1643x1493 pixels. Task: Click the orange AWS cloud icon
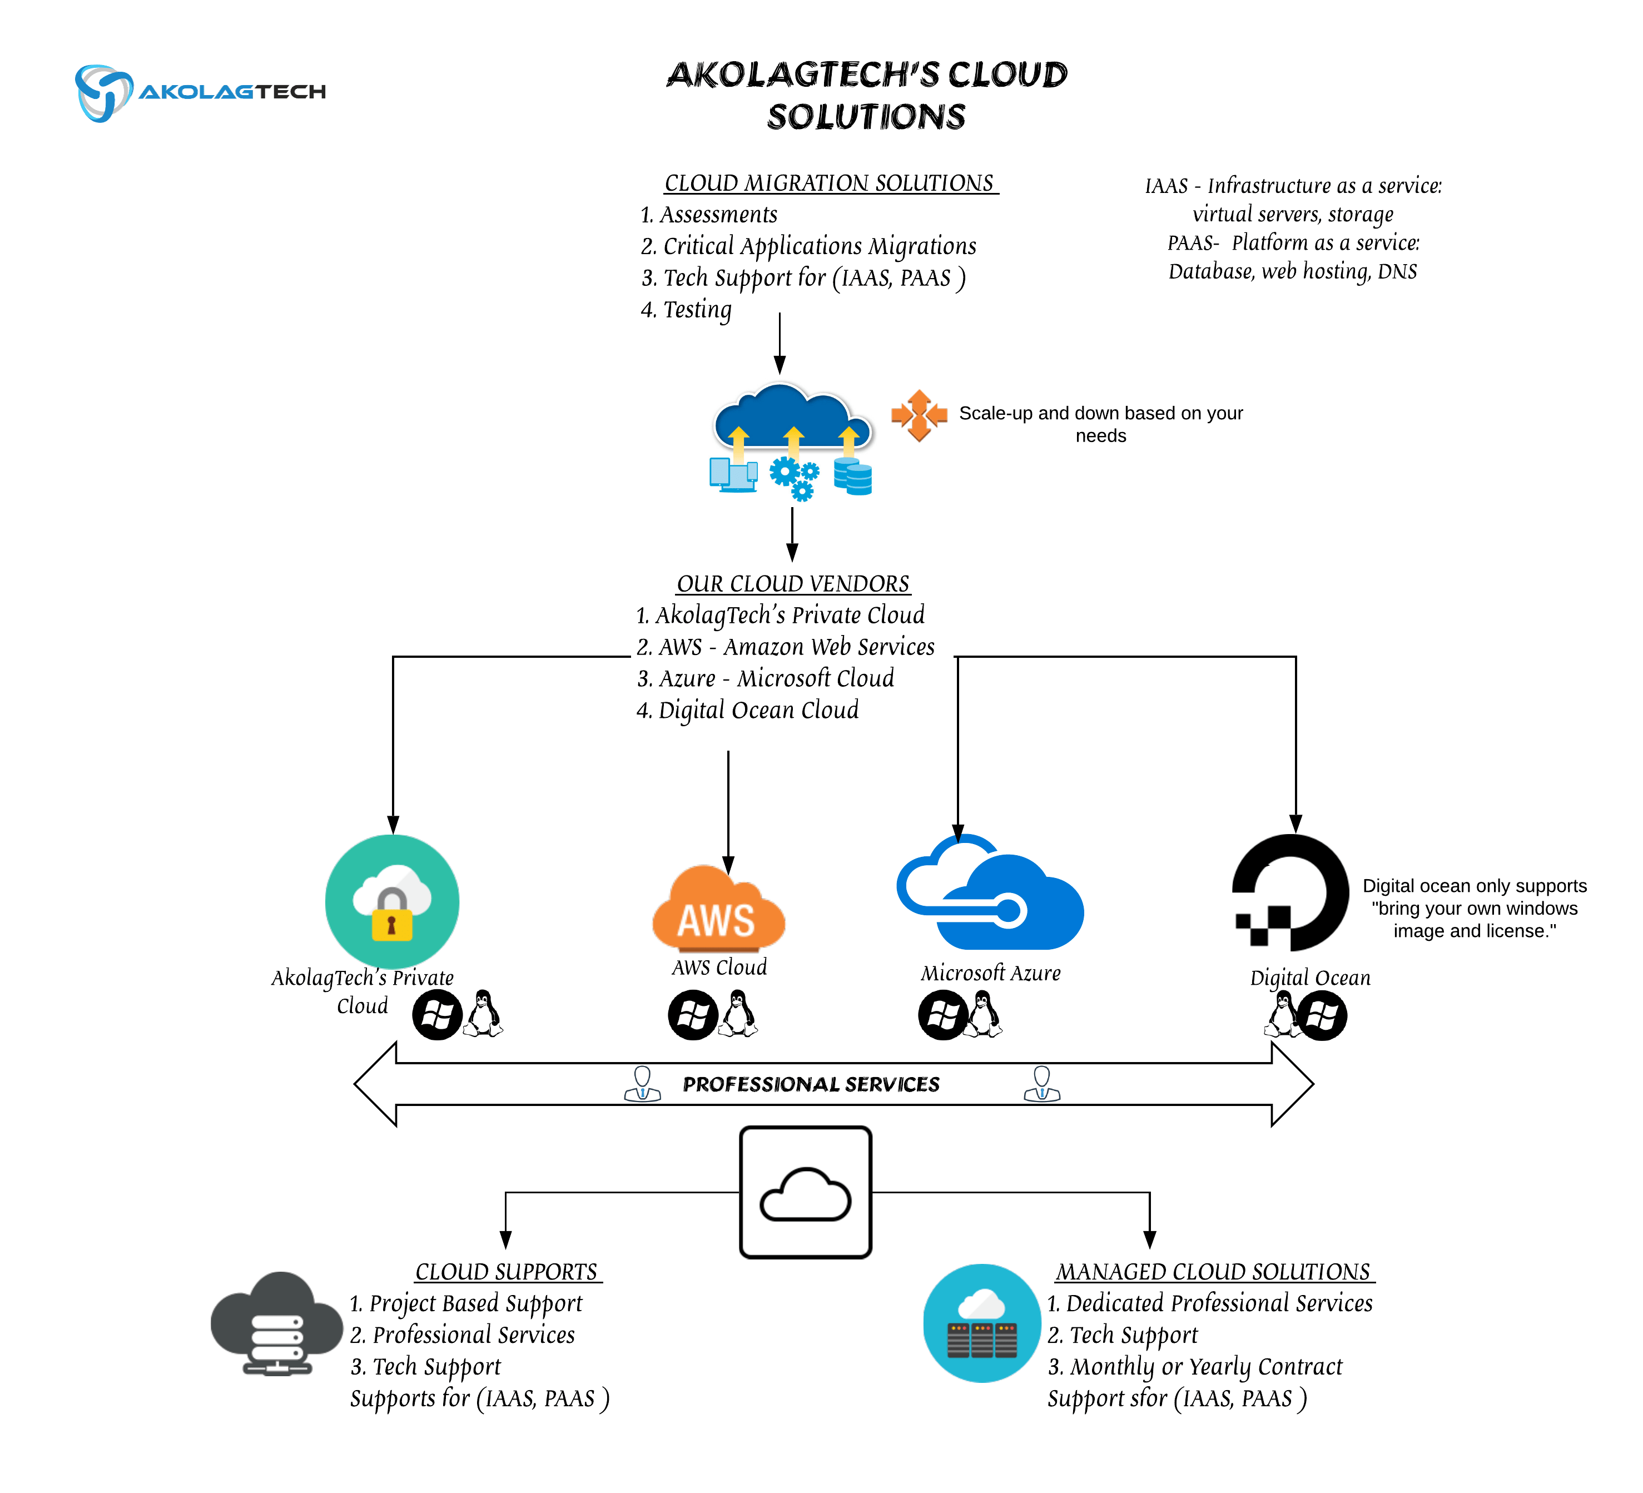click(x=718, y=910)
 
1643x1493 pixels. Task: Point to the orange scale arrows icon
click(x=919, y=415)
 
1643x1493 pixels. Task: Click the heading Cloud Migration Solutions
click(x=830, y=183)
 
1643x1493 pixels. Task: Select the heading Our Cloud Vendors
click(x=792, y=583)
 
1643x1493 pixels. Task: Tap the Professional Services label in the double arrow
click(x=811, y=1084)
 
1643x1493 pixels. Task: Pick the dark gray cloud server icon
click(x=276, y=1325)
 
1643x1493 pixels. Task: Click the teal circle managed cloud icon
click(x=982, y=1323)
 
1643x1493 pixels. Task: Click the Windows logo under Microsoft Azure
click(x=943, y=1015)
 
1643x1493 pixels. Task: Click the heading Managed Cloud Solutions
click(x=1214, y=1271)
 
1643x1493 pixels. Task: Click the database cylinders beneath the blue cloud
click(x=853, y=476)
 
